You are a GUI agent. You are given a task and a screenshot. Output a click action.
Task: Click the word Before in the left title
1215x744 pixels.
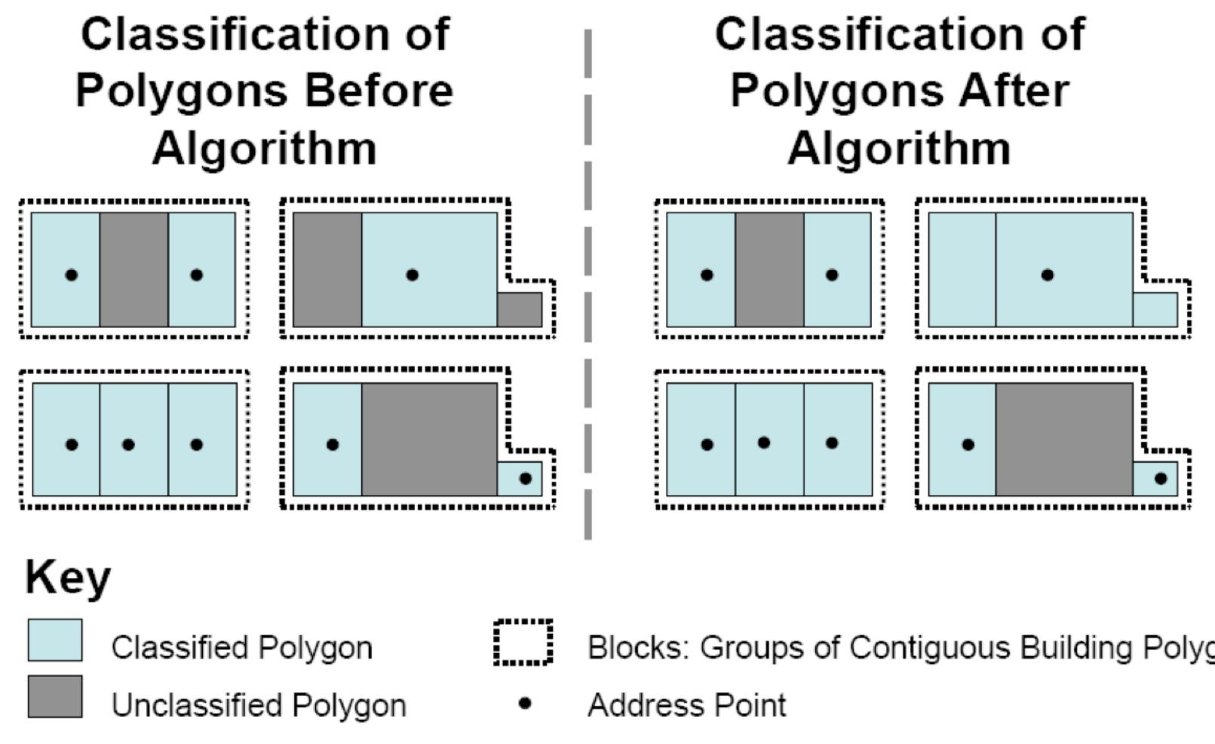point(379,91)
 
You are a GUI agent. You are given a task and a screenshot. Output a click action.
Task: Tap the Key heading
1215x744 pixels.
point(68,578)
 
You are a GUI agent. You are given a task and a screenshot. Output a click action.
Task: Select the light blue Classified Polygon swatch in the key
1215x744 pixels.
point(55,640)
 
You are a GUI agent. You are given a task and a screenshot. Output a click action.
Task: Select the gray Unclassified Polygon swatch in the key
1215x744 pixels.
point(55,696)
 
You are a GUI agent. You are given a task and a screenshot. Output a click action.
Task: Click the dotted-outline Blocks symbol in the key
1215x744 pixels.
point(523,642)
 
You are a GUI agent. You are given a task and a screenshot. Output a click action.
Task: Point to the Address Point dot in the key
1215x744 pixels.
point(526,703)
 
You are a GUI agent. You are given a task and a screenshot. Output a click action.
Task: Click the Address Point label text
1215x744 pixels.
point(686,706)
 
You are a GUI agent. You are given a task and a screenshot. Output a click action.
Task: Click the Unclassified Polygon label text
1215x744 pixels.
point(259,706)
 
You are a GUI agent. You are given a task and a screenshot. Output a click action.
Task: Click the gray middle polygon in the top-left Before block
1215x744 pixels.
point(133,269)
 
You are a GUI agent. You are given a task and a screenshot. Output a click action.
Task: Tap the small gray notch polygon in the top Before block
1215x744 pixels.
point(519,309)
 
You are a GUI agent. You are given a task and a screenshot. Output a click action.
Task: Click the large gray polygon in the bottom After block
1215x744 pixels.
point(1063,439)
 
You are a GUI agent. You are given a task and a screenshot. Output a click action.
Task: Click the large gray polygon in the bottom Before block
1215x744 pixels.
point(428,439)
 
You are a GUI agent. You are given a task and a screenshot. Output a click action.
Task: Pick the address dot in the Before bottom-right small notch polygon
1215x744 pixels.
point(526,478)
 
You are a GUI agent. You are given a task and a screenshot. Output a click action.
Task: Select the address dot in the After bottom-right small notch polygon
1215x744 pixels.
point(1161,478)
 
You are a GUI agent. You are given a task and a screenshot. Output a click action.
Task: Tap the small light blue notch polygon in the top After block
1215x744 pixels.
point(1155,309)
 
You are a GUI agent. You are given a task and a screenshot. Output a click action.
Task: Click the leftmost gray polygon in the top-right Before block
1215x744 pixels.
point(327,269)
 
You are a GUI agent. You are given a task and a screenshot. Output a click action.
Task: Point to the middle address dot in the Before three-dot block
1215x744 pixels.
point(128,445)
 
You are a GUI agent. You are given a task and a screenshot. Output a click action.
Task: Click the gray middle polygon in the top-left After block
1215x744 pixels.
point(769,269)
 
